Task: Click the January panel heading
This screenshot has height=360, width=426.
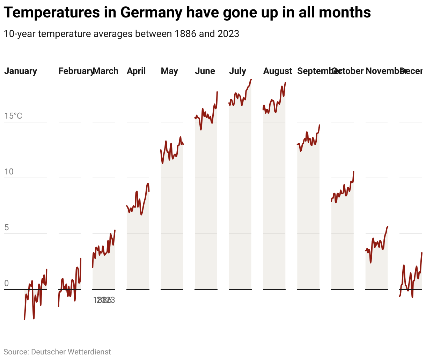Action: [21, 71]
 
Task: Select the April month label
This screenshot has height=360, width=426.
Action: [136, 71]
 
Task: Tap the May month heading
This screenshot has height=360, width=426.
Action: [169, 71]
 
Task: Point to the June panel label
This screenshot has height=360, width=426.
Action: [205, 71]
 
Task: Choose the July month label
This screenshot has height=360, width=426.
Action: [237, 71]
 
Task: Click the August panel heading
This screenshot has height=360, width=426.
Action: [278, 71]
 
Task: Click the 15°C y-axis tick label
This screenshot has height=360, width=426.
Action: [13, 116]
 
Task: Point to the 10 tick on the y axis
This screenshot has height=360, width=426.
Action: [9, 172]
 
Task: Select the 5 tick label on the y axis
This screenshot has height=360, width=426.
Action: [6, 228]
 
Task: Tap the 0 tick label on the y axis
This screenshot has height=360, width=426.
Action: [6, 284]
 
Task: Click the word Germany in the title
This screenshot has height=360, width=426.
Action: [152, 13]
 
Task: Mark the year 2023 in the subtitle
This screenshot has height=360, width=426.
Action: [228, 34]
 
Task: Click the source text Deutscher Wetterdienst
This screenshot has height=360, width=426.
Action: [71, 352]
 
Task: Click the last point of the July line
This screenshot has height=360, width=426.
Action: [251, 80]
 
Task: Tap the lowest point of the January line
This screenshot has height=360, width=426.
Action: [24, 319]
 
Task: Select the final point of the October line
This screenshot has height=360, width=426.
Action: [354, 171]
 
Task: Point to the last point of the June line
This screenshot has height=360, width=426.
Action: [217, 92]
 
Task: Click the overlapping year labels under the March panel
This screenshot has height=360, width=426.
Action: [104, 300]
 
